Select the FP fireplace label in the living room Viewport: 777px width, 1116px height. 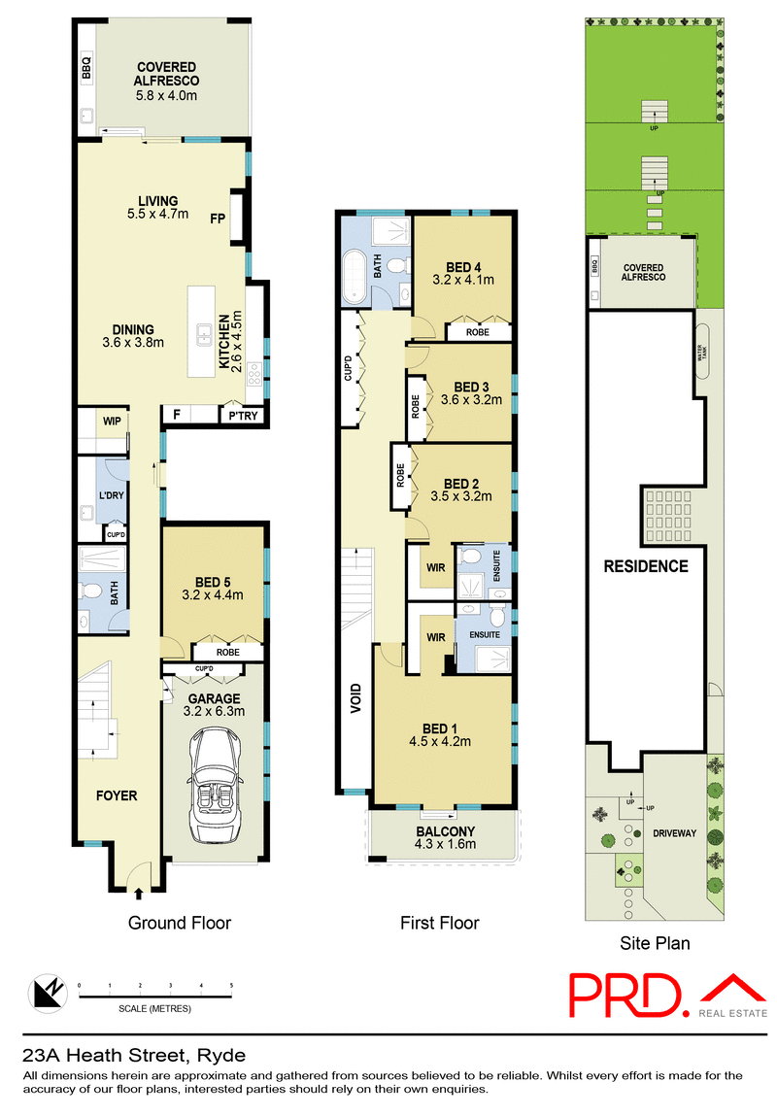[x=218, y=220]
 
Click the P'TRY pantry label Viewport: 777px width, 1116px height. [x=239, y=415]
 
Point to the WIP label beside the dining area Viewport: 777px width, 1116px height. [x=113, y=422]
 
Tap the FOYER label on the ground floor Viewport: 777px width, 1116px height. [x=116, y=795]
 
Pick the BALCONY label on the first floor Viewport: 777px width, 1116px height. [x=445, y=831]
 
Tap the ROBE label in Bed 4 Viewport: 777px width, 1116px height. [x=477, y=332]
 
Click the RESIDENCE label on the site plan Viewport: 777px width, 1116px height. [x=645, y=566]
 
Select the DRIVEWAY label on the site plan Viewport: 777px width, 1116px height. [x=674, y=833]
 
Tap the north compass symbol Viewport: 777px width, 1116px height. [x=43, y=991]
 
